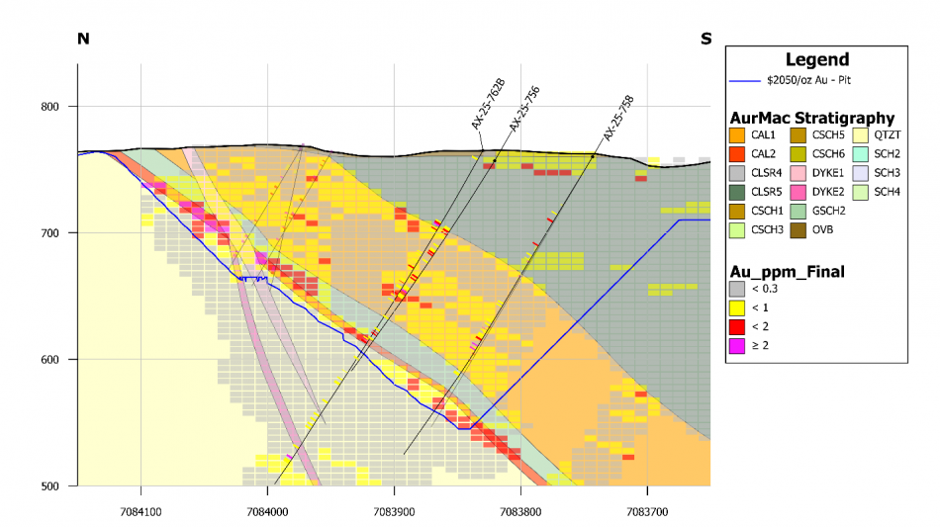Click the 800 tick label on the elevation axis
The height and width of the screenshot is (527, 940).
49,107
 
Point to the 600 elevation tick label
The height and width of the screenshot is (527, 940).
49,360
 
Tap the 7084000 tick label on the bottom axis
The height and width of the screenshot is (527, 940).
267,501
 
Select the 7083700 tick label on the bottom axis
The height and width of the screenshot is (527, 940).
647,501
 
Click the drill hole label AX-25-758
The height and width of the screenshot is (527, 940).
618,118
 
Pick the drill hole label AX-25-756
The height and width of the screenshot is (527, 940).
523,109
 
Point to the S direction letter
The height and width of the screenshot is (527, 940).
705,39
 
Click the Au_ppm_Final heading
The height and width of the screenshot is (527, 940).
785,270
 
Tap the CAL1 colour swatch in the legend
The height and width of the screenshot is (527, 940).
737,134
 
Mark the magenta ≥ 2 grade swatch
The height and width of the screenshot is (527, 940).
737,346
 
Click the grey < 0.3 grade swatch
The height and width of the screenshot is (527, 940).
737,288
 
